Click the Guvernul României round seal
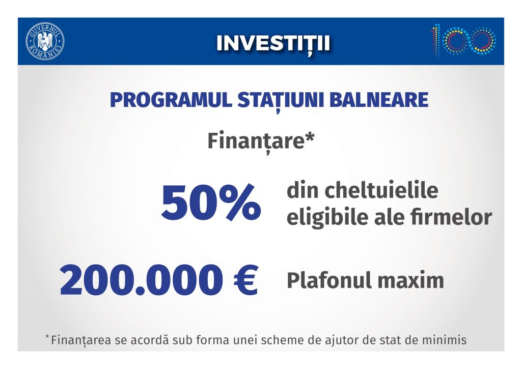pyautogui.click(x=45, y=42)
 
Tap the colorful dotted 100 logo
pyautogui.click(x=463, y=40)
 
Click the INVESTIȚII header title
pyautogui.click(x=273, y=44)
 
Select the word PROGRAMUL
pyautogui.click(x=171, y=100)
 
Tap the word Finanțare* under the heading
pyautogui.click(x=261, y=141)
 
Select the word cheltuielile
pyautogui.click(x=381, y=190)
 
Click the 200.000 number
pyautogui.click(x=142, y=280)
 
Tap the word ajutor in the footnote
pyautogui.click(x=354, y=340)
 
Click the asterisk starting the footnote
pyautogui.click(x=47, y=337)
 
